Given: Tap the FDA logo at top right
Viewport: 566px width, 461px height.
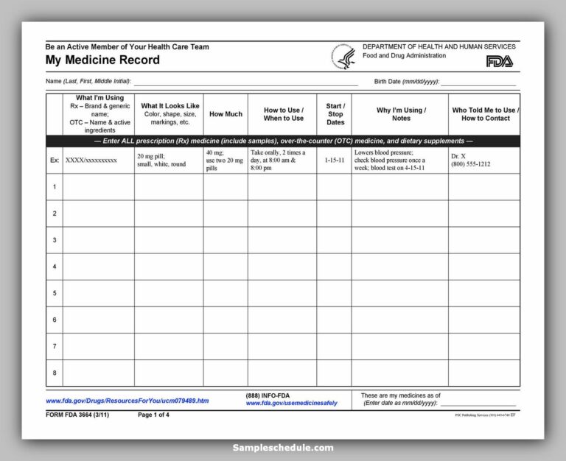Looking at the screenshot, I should tap(501, 62).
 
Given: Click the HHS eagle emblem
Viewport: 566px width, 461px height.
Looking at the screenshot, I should tap(343, 57).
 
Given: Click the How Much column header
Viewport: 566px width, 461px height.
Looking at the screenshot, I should tap(226, 114).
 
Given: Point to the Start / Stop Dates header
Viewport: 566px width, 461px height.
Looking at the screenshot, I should tap(335, 114).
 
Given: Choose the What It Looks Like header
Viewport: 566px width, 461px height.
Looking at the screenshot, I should tap(170, 114).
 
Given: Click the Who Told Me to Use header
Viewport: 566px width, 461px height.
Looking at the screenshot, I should tap(485, 114).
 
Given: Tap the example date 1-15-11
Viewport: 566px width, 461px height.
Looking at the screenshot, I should tap(334, 160).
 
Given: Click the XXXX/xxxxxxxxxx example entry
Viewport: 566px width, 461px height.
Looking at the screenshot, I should tap(91, 160).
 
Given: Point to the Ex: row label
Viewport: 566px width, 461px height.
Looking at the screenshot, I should tap(54, 160).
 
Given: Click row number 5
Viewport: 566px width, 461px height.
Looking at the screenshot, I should tap(54, 293).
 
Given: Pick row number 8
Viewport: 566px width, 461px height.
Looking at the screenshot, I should tap(54, 373).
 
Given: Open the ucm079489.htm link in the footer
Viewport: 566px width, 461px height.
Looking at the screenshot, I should tap(127, 401).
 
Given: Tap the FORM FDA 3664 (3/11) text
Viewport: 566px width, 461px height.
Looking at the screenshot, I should tap(79, 415).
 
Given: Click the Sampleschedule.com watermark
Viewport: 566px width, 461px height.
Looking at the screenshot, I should tap(283, 447).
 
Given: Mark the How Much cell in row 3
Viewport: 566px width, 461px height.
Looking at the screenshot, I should tap(226, 240).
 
